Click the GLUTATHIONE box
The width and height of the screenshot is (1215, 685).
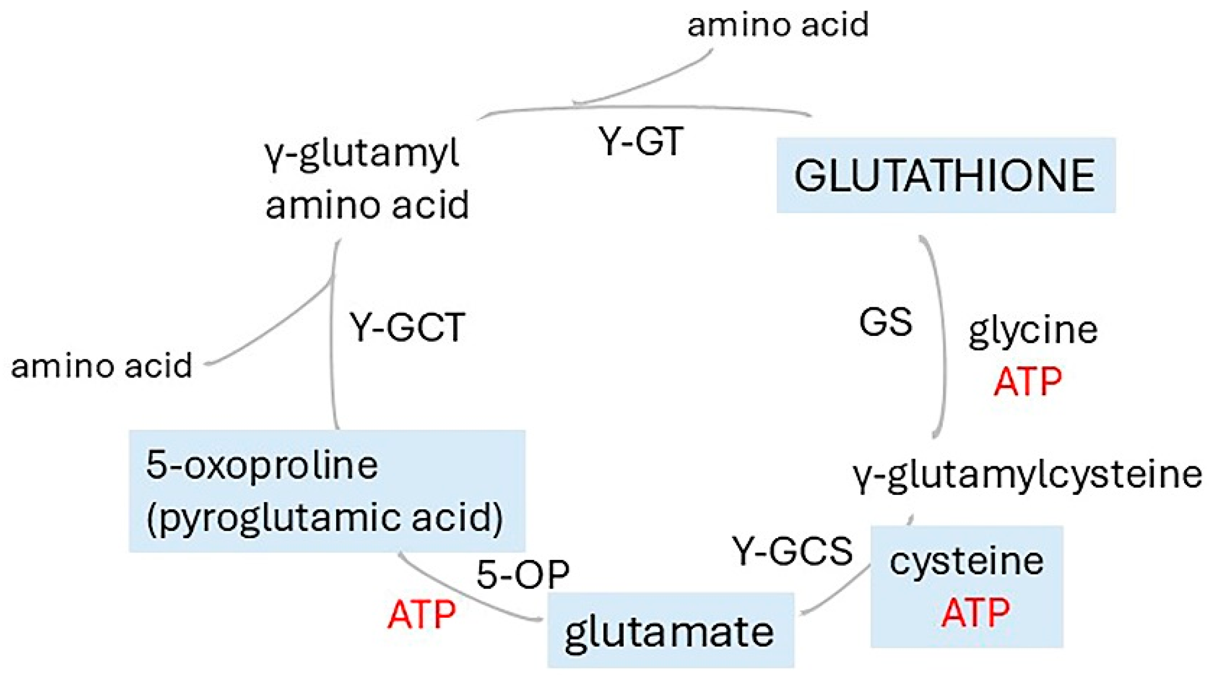click(x=946, y=175)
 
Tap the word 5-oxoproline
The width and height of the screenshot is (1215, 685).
click(x=262, y=466)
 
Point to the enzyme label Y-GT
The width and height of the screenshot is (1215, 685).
click(x=641, y=141)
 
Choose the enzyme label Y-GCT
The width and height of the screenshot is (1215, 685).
click(x=407, y=327)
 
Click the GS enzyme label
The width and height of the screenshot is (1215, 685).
click(x=886, y=322)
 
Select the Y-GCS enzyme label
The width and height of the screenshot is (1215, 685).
click(x=793, y=550)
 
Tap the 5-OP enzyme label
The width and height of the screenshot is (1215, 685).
click(x=523, y=574)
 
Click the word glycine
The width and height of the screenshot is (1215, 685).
click(x=1033, y=332)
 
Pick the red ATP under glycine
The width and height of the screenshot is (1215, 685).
click(x=1028, y=381)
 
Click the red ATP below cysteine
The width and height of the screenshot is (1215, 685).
click(x=976, y=612)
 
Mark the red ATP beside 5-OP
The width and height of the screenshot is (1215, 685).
click(x=421, y=615)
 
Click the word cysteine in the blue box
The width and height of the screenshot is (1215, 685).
click(x=967, y=562)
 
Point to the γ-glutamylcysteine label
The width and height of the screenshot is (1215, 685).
click(x=1027, y=475)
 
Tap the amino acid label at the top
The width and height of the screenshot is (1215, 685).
click(x=778, y=24)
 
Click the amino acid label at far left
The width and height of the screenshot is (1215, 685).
click(x=102, y=366)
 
